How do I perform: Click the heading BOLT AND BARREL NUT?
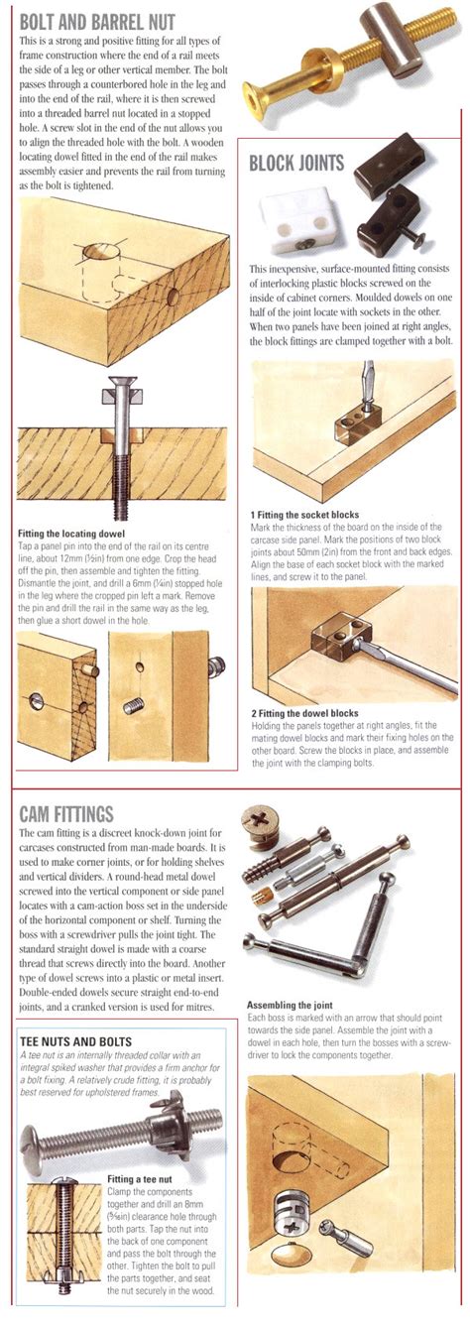(x=97, y=17)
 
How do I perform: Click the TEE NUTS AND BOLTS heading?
(x=83, y=1041)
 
